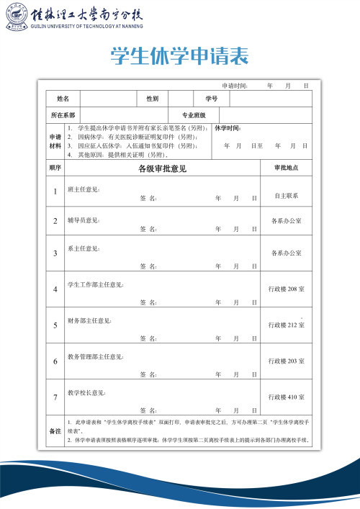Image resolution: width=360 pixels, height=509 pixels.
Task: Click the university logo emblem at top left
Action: tap(14, 17)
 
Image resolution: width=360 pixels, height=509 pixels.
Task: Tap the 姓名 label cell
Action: tap(63, 98)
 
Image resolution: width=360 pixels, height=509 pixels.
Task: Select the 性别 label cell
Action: tap(153, 98)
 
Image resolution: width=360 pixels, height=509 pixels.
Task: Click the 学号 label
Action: tap(211, 98)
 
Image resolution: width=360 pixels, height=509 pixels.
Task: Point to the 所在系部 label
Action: tap(63, 115)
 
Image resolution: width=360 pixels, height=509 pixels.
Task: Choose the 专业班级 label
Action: tap(194, 115)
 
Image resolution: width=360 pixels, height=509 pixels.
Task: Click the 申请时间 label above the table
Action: tap(234, 85)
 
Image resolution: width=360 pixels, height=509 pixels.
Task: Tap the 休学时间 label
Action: tap(228, 128)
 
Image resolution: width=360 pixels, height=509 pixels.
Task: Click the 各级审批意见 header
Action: tap(162, 168)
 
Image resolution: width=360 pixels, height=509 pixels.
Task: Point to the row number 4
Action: tap(55, 289)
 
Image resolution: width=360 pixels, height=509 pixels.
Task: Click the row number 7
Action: tap(55, 397)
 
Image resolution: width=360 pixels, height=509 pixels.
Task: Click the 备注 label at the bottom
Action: tap(55, 431)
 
